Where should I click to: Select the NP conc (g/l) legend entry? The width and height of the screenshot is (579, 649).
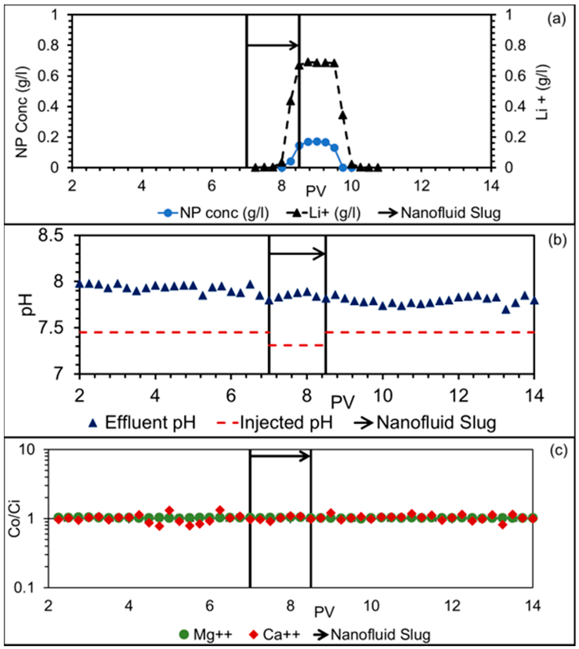[x=213, y=213]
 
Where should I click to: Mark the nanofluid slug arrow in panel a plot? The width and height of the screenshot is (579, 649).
[x=272, y=46]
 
